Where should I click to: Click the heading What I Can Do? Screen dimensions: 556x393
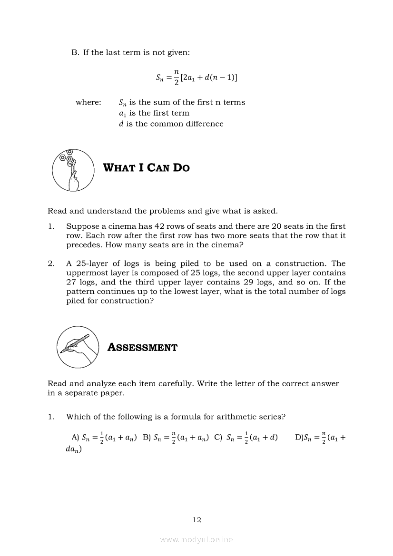(146, 168)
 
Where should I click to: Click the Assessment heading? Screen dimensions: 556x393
(142, 348)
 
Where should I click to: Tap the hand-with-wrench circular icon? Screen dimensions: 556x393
(73, 170)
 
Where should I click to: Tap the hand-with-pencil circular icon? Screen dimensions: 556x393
(78, 347)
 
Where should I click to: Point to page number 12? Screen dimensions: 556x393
(196, 520)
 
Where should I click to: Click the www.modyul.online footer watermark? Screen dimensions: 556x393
(196, 539)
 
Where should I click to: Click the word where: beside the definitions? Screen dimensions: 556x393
(88, 102)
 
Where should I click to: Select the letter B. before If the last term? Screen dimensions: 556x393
(75, 52)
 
